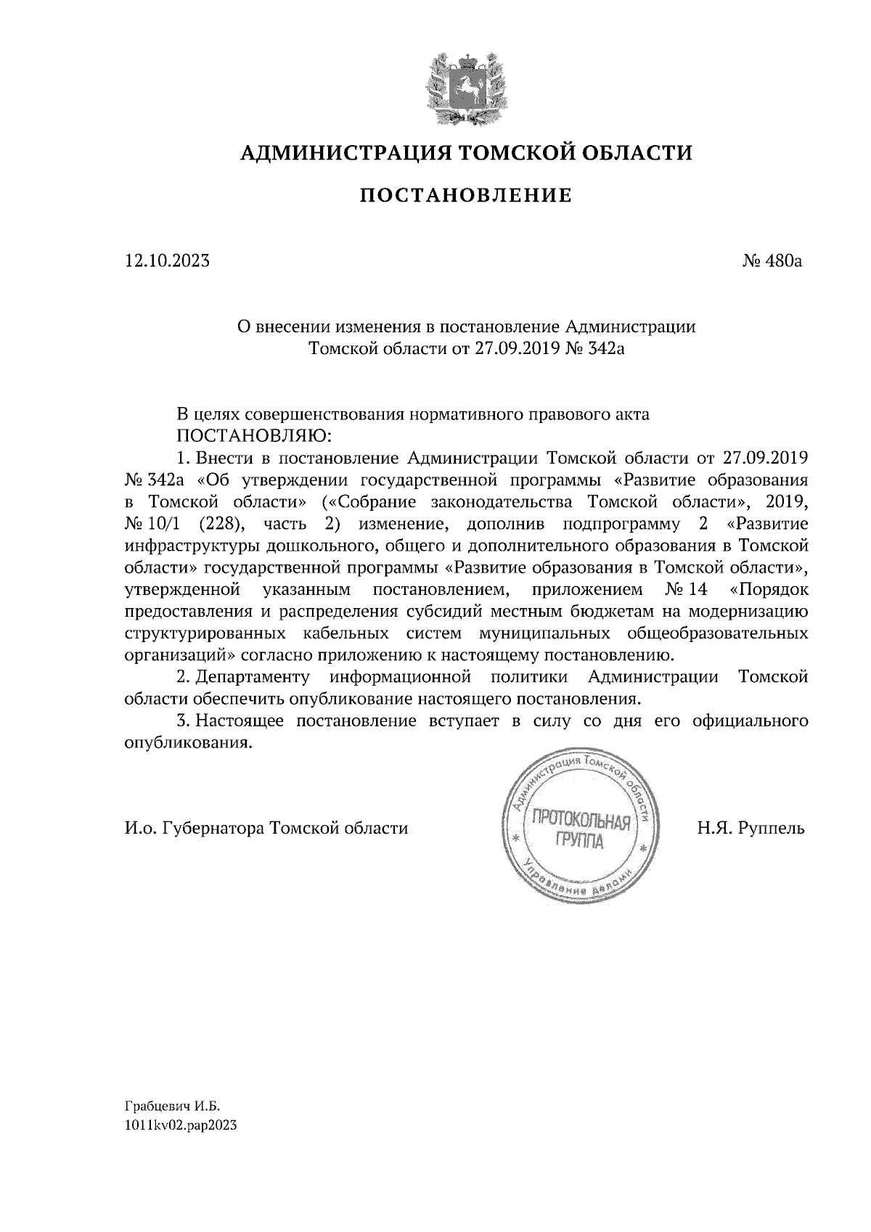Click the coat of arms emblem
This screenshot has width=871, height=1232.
465,87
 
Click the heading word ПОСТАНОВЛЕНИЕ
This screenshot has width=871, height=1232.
466,195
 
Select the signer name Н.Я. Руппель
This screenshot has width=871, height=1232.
751,828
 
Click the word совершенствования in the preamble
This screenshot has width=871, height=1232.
324,415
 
